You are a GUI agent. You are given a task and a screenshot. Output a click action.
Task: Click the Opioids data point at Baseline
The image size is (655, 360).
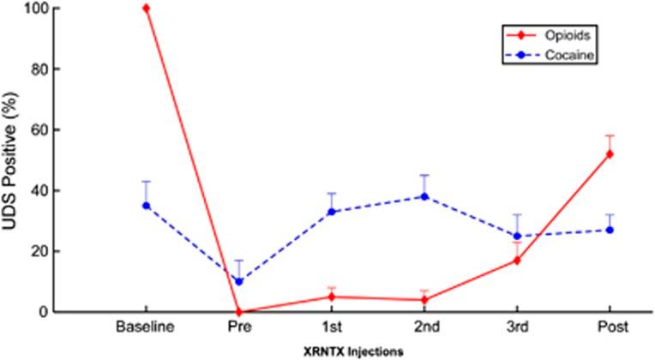147,8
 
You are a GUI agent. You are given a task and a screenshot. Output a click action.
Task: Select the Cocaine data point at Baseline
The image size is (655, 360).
147,206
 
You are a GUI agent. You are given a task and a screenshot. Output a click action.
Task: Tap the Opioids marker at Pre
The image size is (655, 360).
239,312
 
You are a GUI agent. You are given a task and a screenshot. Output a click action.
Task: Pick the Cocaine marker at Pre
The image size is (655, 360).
239,281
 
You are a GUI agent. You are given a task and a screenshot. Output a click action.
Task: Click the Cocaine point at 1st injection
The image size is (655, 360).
332,212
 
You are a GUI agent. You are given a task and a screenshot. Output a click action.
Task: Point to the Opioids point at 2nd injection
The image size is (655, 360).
424,300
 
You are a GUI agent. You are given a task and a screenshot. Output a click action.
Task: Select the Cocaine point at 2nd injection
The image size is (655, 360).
424,196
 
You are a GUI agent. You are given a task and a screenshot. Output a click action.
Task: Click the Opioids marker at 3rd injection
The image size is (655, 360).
517,260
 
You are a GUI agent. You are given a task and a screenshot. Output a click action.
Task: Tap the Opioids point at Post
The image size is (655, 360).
610,154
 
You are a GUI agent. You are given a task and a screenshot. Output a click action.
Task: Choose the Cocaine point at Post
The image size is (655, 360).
610,230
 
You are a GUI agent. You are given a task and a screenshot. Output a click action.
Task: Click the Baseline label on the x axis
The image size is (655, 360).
147,328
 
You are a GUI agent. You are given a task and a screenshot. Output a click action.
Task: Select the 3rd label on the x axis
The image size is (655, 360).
517,328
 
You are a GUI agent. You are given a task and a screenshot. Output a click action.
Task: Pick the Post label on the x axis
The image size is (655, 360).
610,328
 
